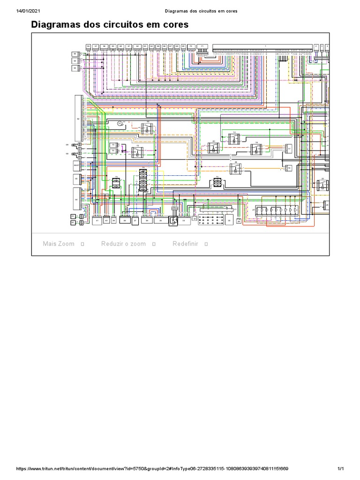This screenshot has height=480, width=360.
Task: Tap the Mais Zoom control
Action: pos(59,244)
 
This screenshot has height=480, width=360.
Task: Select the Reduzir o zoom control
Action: pos(123,244)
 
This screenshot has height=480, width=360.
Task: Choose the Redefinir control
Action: pos(186,244)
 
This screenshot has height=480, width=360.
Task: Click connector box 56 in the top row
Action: pos(88,47)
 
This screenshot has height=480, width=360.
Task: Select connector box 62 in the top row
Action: pos(137,47)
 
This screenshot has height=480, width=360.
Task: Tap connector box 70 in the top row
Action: pos(191,47)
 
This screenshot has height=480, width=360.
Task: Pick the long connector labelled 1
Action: pos(262,47)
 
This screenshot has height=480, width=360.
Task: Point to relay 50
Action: pos(148,127)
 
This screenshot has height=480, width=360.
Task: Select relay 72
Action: pos(137,151)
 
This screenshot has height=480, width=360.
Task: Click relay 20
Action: pos(214,148)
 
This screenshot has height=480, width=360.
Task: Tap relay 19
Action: pos(256,149)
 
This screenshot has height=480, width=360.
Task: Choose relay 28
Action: pos(236,168)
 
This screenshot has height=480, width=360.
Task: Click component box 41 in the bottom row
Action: pos(97,220)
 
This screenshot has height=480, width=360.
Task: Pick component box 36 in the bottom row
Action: pos(147,220)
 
